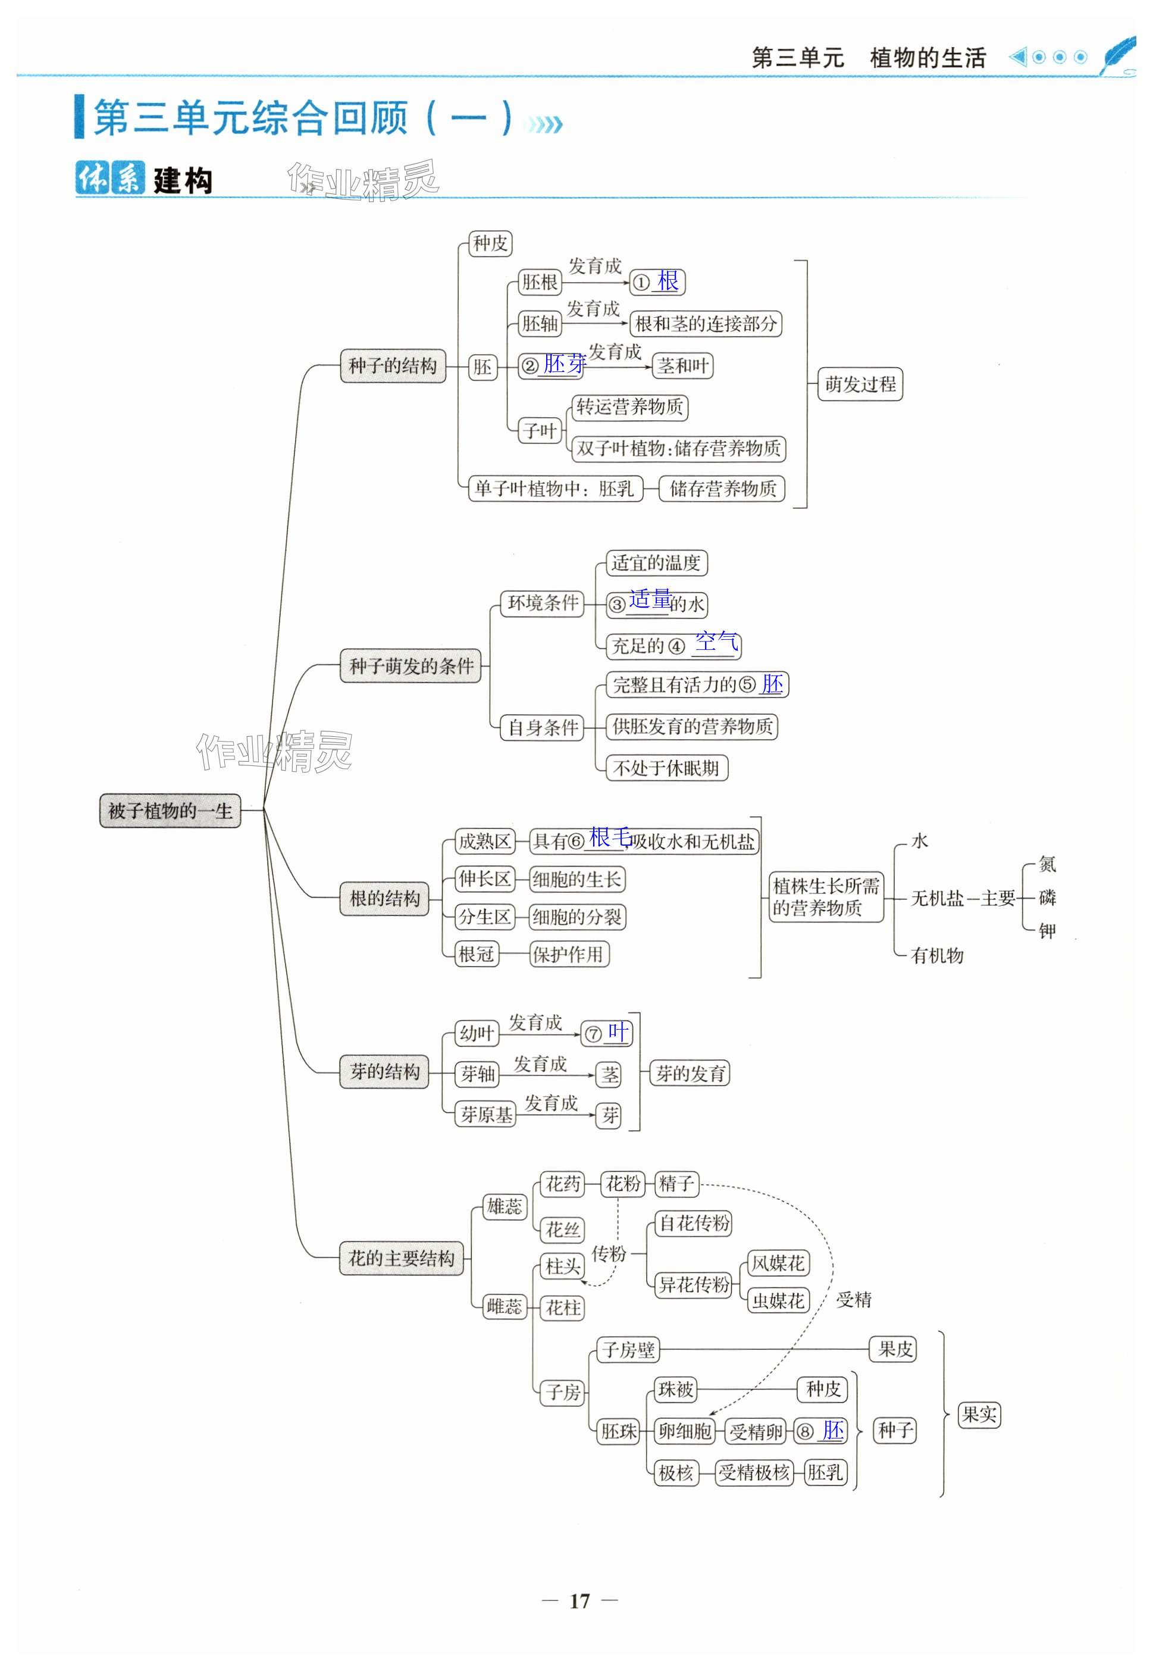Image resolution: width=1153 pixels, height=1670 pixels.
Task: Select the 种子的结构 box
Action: click(393, 365)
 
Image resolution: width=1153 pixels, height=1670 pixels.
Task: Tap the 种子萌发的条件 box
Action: click(411, 665)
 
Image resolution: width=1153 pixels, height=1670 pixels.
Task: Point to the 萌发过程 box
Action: click(860, 384)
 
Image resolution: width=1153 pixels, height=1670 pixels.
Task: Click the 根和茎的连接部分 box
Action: click(706, 323)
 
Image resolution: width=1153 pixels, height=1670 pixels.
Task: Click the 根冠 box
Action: click(476, 954)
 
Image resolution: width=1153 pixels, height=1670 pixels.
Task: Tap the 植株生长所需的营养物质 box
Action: click(826, 897)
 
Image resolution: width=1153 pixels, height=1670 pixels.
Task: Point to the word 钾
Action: click(1047, 931)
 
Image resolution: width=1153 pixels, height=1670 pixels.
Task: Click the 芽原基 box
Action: click(486, 1114)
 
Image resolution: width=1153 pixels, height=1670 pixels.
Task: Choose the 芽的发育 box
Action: click(690, 1073)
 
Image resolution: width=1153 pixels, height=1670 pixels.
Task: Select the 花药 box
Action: click(563, 1184)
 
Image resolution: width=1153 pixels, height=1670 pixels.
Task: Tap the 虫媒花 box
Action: click(778, 1301)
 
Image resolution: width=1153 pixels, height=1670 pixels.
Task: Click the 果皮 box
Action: click(895, 1349)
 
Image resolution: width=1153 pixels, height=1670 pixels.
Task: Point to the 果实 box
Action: click(979, 1414)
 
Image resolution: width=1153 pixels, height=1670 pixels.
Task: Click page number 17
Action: click(579, 1602)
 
